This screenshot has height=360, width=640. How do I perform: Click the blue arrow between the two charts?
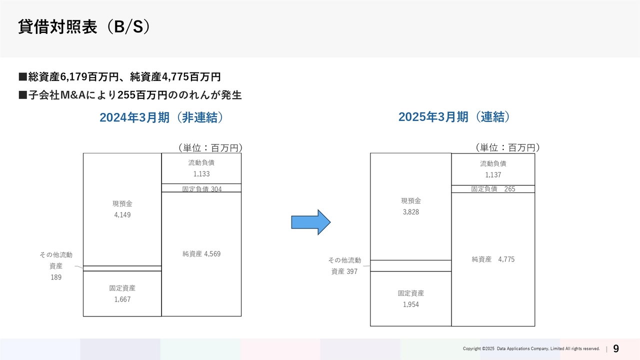click(311, 222)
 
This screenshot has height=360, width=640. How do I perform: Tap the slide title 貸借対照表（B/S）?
click(84, 27)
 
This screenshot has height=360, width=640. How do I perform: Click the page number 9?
click(616, 348)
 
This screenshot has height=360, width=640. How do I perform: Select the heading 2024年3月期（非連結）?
click(161, 117)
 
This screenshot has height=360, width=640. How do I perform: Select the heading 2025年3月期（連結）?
click(454, 117)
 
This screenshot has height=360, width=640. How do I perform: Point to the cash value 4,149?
click(122, 215)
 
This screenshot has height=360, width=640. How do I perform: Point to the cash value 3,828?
click(411, 212)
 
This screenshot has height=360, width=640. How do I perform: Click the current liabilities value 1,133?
click(201, 174)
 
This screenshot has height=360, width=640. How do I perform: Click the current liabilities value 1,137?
click(493, 175)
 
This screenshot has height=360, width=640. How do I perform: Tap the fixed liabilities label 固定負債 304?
click(201, 189)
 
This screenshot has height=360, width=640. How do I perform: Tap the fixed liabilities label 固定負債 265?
click(493, 189)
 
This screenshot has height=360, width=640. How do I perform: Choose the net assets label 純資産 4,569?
click(201, 253)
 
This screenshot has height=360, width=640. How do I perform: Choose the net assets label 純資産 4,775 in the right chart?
click(493, 259)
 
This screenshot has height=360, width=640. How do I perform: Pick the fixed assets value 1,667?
click(122, 299)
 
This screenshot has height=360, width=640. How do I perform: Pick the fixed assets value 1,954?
click(411, 304)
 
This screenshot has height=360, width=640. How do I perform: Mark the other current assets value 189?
click(56, 277)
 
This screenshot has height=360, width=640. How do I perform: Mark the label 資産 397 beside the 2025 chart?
click(344, 271)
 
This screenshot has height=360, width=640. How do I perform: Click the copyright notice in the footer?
click(531, 348)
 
